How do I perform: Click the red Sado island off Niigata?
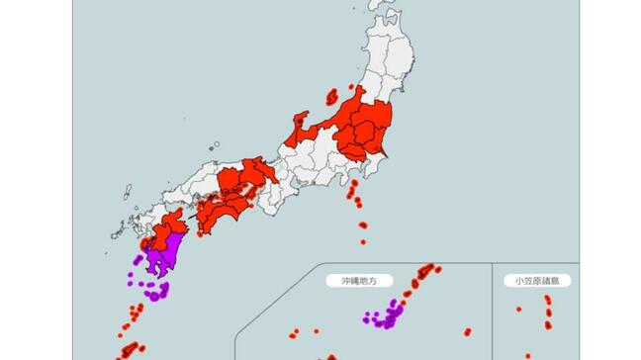click(331, 97)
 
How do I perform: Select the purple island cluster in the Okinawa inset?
click(389, 315)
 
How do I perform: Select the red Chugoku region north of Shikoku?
click(237, 180)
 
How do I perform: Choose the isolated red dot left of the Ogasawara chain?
click(518, 310)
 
